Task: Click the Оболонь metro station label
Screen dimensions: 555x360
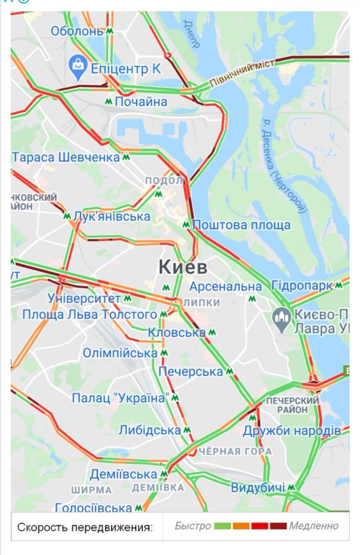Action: pyautogui.click(x=77, y=31)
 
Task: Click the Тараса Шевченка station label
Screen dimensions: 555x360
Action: pyautogui.click(x=66, y=157)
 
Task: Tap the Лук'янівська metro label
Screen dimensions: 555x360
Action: pyautogui.click(x=112, y=216)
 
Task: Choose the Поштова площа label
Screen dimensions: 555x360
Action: pyautogui.click(x=241, y=225)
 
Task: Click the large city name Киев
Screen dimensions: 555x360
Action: pyautogui.click(x=183, y=267)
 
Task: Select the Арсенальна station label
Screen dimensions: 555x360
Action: pyautogui.click(x=225, y=287)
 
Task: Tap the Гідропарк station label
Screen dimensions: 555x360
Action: pyautogui.click(x=302, y=286)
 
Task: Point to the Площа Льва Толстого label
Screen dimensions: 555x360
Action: pyautogui.click(x=90, y=314)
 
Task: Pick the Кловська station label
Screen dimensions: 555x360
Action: pyautogui.click(x=177, y=333)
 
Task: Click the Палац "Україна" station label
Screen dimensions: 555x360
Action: pyautogui.click(x=120, y=398)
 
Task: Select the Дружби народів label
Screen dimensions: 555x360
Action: pyautogui.click(x=292, y=431)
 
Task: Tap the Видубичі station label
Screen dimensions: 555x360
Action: pyautogui.click(x=258, y=488)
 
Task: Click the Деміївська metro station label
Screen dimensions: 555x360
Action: pyautogui.click(x=123, y=474)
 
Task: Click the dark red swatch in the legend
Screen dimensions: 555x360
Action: pyautogui.click(x=278, y=526)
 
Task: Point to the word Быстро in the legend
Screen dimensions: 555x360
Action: pyautogui.click(x=192, y=526)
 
